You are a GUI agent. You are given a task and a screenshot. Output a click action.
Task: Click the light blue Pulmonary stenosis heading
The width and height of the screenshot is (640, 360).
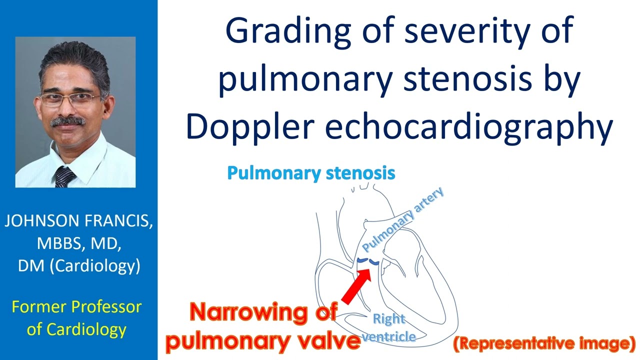(311, 173)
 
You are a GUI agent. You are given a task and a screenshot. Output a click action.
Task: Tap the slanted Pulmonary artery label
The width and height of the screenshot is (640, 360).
(402, 220)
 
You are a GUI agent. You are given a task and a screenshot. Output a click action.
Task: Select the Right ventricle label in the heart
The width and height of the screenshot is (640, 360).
(389, 327)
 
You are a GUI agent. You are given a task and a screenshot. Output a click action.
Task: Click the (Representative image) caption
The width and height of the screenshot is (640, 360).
(544, 343)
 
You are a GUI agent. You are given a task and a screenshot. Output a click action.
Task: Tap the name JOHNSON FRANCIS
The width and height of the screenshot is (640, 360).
(78, 221)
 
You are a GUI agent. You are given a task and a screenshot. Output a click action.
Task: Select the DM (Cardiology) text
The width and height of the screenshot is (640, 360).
(78, 265)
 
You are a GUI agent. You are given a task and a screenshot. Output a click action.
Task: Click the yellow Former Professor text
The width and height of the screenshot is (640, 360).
(76, 306)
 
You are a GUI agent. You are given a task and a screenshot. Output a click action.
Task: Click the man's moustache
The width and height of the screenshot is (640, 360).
(68, 120)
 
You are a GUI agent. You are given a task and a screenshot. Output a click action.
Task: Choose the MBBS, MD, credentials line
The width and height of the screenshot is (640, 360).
(78, 243)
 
